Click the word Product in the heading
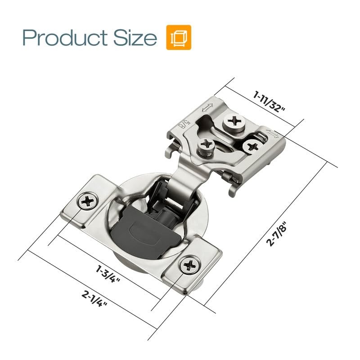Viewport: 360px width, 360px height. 65,37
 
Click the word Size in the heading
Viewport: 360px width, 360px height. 135,37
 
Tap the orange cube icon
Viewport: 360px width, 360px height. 179,37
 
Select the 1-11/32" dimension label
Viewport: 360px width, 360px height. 269,102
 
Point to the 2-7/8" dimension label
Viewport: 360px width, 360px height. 276,234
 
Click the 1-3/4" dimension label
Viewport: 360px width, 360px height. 108,274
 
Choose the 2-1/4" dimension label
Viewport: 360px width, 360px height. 94,298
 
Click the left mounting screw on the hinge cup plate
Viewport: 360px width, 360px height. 88,201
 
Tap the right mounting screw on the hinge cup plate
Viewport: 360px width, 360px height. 190,265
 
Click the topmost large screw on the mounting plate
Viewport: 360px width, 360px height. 234,122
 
